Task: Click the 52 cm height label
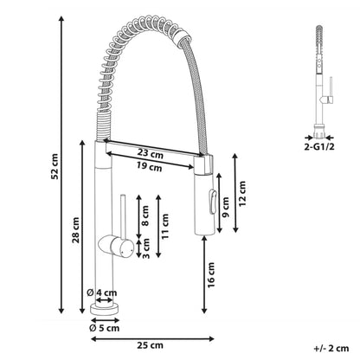55,166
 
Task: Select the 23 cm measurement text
150,153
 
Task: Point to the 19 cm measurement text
149,167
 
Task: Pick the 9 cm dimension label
226,207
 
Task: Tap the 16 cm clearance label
211,274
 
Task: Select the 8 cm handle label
145,215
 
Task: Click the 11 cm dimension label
165,226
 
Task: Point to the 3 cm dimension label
146,248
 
